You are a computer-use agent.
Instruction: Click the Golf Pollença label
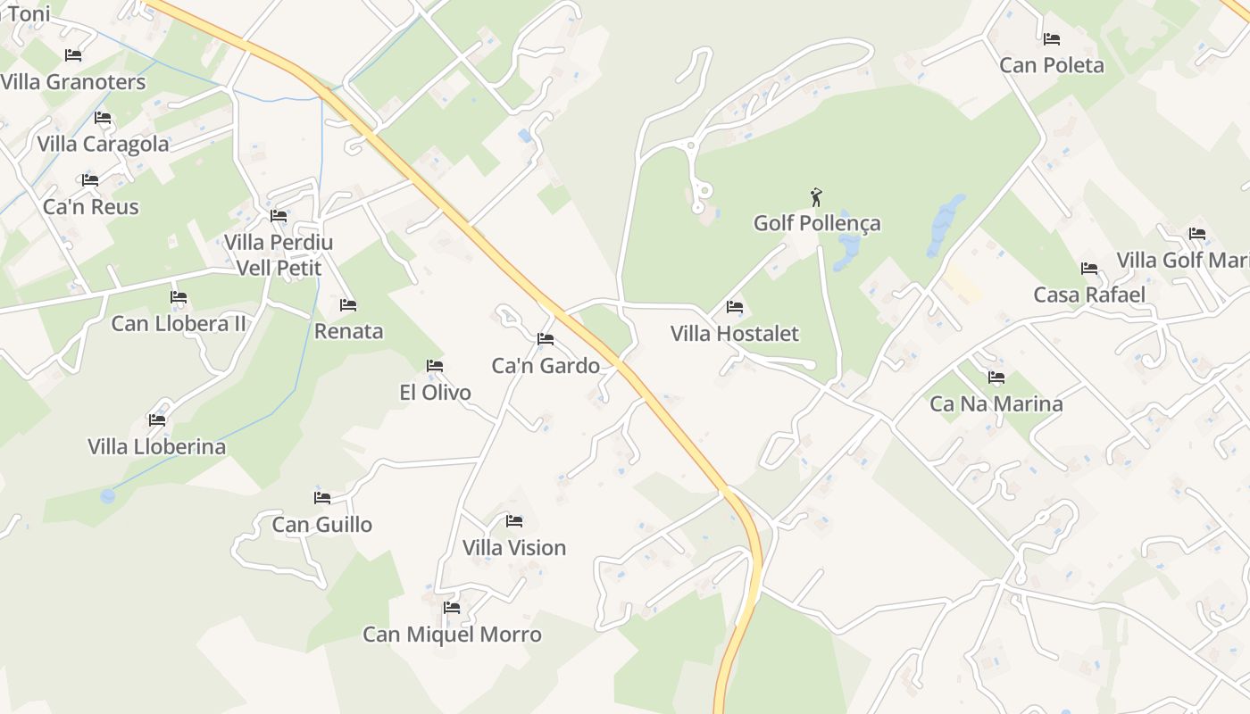click(x=817, y=223)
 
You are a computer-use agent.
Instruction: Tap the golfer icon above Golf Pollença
click(x=815, y=196)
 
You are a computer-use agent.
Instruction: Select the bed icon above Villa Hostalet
click(x=735, y=307)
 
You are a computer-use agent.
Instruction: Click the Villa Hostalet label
click(x=735, y=334)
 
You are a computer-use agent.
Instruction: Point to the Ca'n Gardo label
click(x=546, y=365)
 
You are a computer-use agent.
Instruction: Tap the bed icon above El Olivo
click(x=435, y=366)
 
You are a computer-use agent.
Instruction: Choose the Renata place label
click(x=348, y=331)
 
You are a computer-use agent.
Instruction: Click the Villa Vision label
click(x=514, y=548)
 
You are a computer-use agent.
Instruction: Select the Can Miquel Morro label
click(x=452, y=635)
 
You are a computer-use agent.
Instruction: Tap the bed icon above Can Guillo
click(x=322, y=498)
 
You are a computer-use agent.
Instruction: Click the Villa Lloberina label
click(x=157, y=446)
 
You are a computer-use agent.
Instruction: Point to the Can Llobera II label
click(x=179, y=323)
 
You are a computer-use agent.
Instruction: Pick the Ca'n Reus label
click(x=91, y=207)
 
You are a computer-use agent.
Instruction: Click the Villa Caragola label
click(x=103, y=145)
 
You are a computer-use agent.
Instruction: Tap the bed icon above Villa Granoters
click(x=73, y=55)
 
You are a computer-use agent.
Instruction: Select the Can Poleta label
click(x=1052, y=65)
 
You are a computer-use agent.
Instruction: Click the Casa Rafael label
click(x=1089, y=295)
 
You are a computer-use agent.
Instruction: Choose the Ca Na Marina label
click(x=996, y=404)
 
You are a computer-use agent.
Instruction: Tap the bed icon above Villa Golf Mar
click(x=1197, y=234)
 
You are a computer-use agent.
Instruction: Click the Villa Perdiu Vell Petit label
click(x=279, y=254)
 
